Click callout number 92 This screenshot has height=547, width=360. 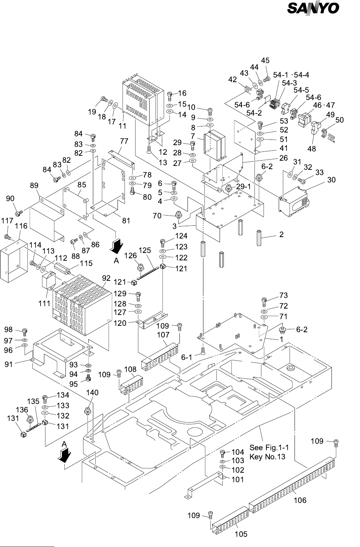(106, 277)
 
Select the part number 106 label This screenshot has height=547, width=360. (300, 500)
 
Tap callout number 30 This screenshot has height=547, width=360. (331, 180)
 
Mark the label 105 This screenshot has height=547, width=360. (241, 534)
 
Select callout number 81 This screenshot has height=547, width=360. (126, 221)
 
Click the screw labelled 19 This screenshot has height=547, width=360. (104, 100)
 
